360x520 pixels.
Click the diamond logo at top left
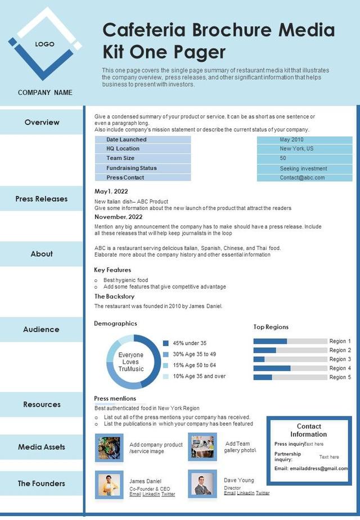pyautogui.click(x=44, y=44)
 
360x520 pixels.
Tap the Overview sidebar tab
pyautogui.click(x=42, y=122)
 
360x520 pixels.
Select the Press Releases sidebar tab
pyautogui.click(x=42, y=199)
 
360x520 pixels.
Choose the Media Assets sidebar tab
pyautogui.click(x=42, y=447)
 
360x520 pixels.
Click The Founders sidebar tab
pyautogui.click(x=42, y=483)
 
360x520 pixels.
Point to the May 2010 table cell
pyautogui.click(x=304, y=140)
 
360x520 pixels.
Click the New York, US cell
pyautogui.click(x=304, y=149)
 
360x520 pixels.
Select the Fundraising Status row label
pyautogui.click(x=132, y=168)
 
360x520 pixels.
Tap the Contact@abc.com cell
pyautogui.click(x=304, y=178)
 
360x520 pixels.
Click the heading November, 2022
pyautogui.click(x=119, y=217)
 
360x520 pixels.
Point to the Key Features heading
pyautogui.click(x=112, y=270)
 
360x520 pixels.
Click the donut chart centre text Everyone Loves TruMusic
pyautogui.click(x=131, y=362)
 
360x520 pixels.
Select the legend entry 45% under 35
pyautogui.click(x=190, y=343)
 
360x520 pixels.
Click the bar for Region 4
pyautogui.click(x=272, y=368)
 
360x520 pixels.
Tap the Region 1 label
pyautogui.click(x=340, y=341)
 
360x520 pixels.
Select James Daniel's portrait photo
pyautogui.click(x=109, y=485)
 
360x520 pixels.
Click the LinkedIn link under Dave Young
pyautogui.click(x=245, y=493)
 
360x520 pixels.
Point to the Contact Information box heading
pyautogui.click(x=309, y=430)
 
